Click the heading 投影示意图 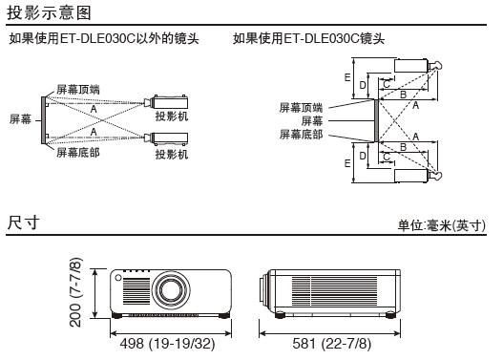coord(49,13)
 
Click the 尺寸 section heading coord(23,222)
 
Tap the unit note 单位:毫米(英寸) coord(441,225)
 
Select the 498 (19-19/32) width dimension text coord(167,344)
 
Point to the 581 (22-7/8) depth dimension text coord(332,344)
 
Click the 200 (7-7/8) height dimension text coord(75,292)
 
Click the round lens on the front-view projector coord(171,290)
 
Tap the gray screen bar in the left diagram coord(43,120)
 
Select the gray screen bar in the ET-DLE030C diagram coord(377,120)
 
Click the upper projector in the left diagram coord(166,102)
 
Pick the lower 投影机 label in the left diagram coord(172,155)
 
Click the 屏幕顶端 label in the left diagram coord(78,90)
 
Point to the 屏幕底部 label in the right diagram coord(301,134)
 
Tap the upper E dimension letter coord(347,77)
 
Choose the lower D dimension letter coord(363,156)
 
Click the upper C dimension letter coord(387,84)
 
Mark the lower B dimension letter coord(403,147)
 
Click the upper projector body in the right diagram coord(411,66)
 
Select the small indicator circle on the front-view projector coord(118,278)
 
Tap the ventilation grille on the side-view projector coord(334,290)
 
